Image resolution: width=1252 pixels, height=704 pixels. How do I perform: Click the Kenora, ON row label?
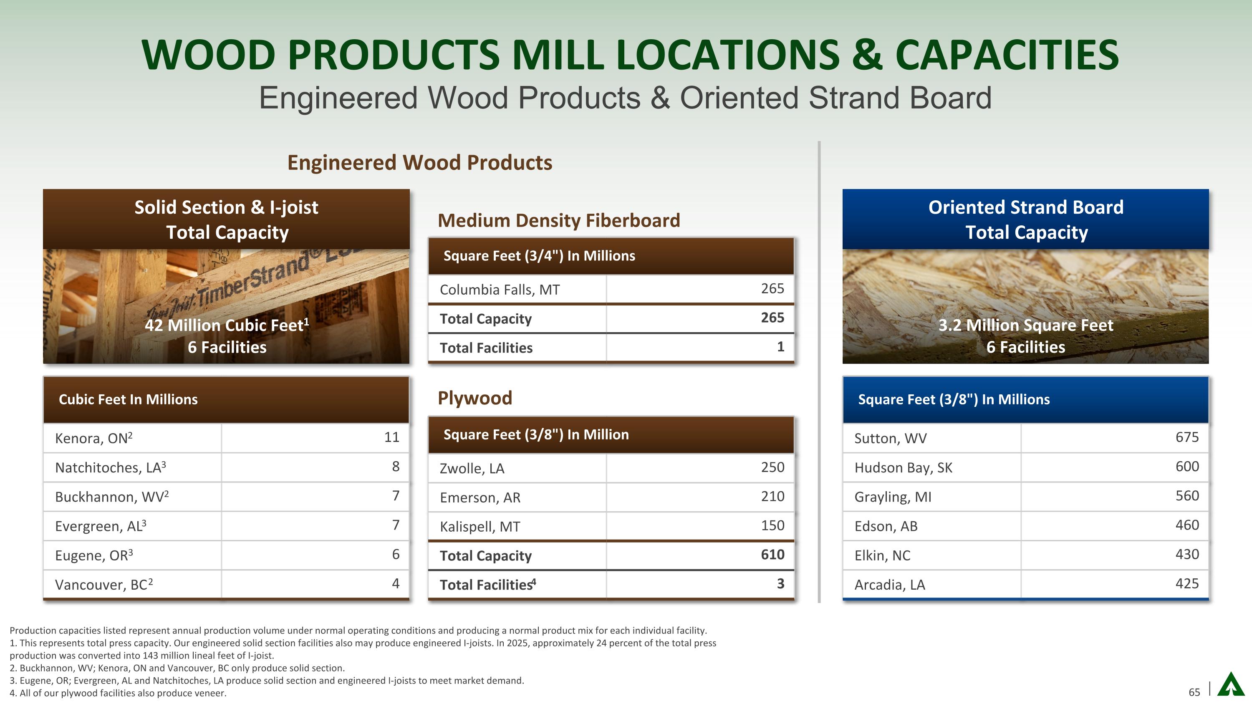click(x=94, y=438)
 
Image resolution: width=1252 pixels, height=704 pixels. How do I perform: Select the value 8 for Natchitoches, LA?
click(x=396, y=467)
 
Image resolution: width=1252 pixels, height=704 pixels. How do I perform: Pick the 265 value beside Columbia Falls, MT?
click(x=772, y=289)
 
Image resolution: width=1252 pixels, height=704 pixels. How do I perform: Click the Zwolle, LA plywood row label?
click(x=472, y=468)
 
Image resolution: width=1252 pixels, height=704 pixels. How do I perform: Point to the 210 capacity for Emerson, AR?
click(x=772, y=496)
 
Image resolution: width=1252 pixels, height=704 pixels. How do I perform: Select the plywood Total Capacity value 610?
click(x=772, y=554)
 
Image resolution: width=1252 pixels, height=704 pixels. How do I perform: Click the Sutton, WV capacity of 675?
click(x=1187, y=437)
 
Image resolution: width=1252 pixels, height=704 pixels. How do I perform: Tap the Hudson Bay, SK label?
click(x=903, y=467)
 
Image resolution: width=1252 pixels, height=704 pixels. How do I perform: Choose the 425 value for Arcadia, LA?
click(x=1187, y=583)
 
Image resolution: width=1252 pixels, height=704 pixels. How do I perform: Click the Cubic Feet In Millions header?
click(x=128, y=399)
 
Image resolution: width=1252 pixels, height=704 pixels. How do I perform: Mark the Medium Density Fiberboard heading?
click(x=559, y=221)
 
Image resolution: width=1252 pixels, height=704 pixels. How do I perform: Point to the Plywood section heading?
click(x=475, y=398)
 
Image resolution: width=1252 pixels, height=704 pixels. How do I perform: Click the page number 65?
click(x=1194, y=692)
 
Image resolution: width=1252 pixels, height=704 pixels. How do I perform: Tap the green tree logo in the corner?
click(x=1231, y=684)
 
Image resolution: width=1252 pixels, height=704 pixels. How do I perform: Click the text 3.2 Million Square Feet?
click(x=1025, y=325)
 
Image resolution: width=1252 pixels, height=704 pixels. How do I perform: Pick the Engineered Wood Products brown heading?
click(x=420, y=162)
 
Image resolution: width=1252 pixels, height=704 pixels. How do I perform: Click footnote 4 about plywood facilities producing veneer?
click(x=118, y=693)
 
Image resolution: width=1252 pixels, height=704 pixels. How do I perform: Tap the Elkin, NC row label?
click(x=882, y=555)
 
